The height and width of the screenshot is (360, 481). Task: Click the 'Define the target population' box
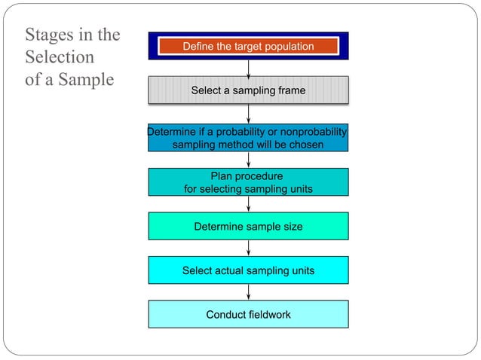(248, 46)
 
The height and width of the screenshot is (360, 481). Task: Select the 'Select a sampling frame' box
(248, 90)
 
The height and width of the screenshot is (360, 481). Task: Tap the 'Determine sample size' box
(248, 226)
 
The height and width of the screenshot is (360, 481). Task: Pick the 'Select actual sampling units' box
(248, 270)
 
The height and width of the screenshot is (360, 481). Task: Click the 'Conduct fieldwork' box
(248, 314)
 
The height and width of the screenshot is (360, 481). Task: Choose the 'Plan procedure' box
(248, 182)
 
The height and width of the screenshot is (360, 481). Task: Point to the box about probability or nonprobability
(248, 138)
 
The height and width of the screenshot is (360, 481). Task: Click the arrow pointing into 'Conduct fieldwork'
(248, 292)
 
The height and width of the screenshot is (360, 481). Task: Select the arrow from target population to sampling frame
(248, 68)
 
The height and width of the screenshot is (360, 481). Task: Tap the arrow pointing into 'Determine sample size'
(248, 204)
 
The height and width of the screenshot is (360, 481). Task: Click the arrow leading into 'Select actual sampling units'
(248, 248)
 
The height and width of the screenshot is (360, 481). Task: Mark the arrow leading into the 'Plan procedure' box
(248, 160)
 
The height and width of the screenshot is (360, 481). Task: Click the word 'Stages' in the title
(50, 35)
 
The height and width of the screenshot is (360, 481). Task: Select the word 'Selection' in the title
(60, 57)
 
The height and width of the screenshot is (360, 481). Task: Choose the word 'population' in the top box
(288, 46)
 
